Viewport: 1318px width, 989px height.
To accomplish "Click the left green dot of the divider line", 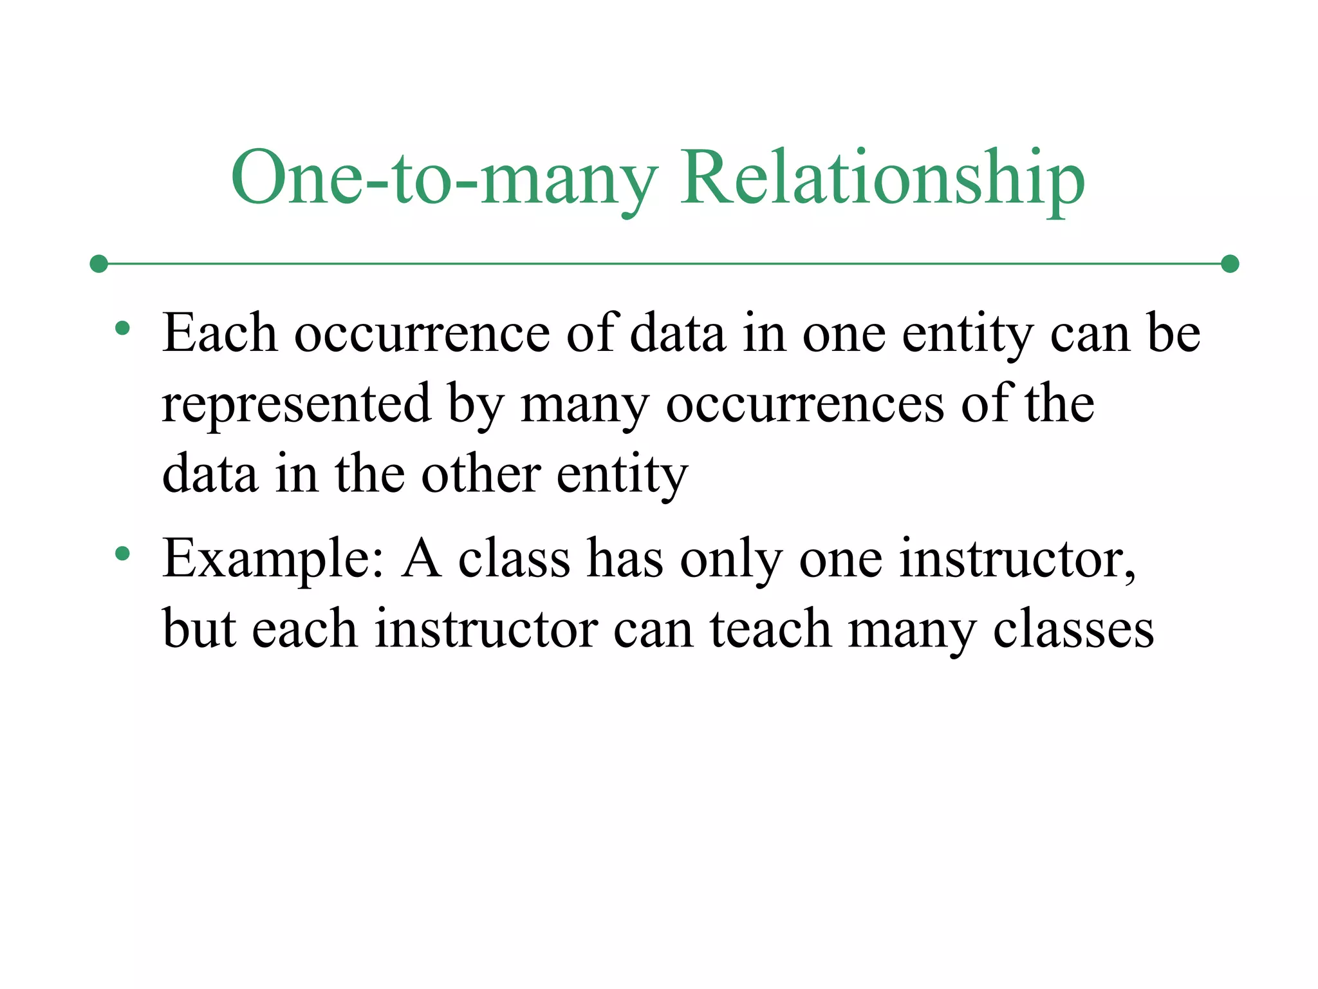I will (x=98, y=264).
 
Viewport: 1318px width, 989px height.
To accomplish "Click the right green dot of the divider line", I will (x=1230, y=264).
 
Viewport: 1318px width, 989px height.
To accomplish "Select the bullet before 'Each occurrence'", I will (x=122, y=329).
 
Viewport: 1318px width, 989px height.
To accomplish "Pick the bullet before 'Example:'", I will (x=122, y=554).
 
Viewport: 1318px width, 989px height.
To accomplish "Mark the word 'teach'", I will (x=770, y=629).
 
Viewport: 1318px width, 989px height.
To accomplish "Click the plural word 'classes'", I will (x=1073, y=629).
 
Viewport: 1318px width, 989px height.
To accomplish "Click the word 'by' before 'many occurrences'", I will (x=476, y=406).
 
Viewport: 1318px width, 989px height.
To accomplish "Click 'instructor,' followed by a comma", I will (x=1017, y=559).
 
